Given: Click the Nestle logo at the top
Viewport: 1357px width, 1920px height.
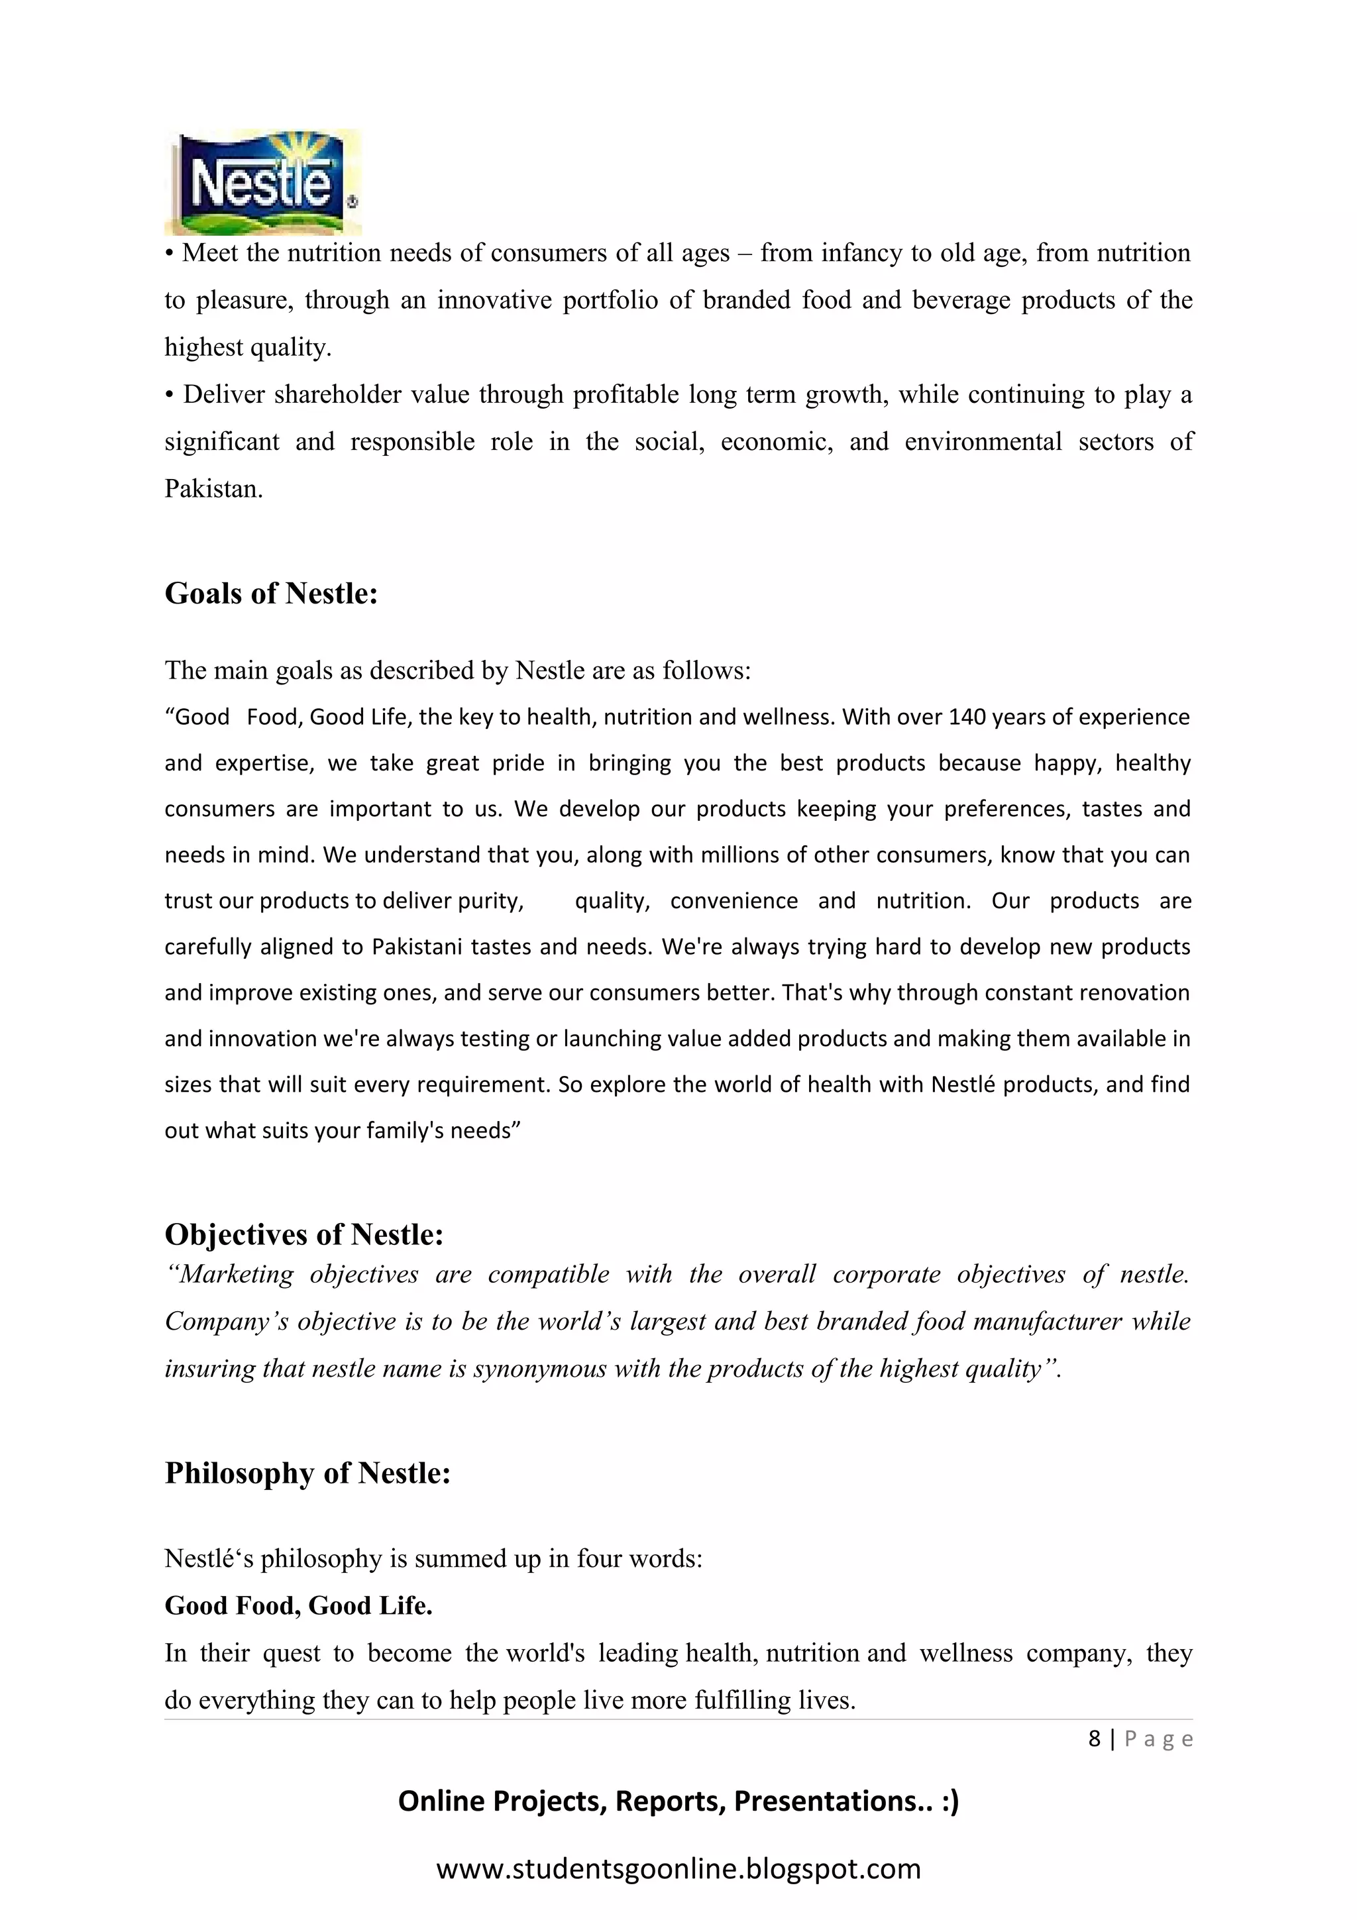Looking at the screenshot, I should (x=262, y=183).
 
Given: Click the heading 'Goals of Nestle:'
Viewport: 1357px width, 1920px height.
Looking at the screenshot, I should (x=271, y=594).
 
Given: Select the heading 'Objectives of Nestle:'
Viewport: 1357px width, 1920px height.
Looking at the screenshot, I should (x=303, y=1234).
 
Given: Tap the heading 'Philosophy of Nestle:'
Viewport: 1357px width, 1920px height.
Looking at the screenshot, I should (x=307, y=1473).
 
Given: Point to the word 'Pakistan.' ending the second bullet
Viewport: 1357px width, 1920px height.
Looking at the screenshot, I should (x=213, y=489).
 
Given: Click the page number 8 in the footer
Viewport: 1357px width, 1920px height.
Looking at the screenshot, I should (x=1094, y=1739).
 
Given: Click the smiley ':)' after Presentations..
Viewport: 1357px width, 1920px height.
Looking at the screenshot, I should (x=949, y=1801).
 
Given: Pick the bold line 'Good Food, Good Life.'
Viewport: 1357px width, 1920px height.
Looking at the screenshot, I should (x=298, y=1605).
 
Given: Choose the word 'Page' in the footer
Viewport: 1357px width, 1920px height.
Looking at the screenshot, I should (x=1158, y=1739).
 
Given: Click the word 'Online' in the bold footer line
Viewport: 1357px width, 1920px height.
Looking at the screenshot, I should (x=441, y=1801).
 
